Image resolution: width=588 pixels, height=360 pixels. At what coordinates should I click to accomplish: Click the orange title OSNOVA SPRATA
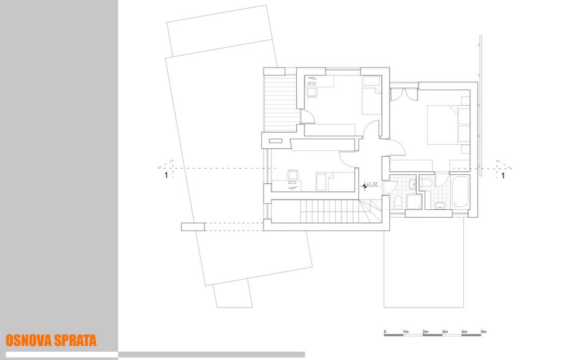(x=51, y=341)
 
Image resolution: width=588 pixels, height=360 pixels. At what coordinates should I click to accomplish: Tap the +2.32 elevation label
(x=372, y=184)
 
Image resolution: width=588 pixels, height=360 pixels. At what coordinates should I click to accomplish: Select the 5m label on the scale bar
(x=484, y=332)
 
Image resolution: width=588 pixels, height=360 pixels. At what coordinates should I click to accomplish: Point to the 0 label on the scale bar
(x=385, y=332)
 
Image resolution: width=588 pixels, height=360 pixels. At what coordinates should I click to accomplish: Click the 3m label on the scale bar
(x=444, y=332)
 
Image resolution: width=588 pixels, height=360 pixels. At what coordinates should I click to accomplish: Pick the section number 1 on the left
(x=166, y=175)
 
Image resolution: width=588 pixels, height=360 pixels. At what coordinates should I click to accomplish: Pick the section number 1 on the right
(x=503, y=175)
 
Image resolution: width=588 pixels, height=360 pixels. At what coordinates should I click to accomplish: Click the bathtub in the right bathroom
(x=460, y=192)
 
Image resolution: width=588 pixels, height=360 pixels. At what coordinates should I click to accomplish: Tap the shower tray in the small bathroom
(x=414, y=201)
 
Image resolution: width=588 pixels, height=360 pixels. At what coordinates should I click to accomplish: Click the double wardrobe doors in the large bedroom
(x=404, y=94)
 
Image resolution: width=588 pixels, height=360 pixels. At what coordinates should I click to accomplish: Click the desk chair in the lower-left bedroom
(x=293, y=175)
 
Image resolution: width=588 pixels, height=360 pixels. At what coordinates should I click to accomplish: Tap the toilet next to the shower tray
(x=397, y=201)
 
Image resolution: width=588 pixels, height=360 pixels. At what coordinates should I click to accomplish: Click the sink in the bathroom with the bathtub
(x=440, y=205)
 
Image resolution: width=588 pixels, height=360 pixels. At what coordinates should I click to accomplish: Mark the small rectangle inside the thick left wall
(x=275, y=141)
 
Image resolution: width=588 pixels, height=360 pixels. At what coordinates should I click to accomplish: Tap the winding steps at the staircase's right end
(x=370, y=211)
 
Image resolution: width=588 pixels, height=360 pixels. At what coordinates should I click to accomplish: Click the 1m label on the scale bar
(x=405, y=332)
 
